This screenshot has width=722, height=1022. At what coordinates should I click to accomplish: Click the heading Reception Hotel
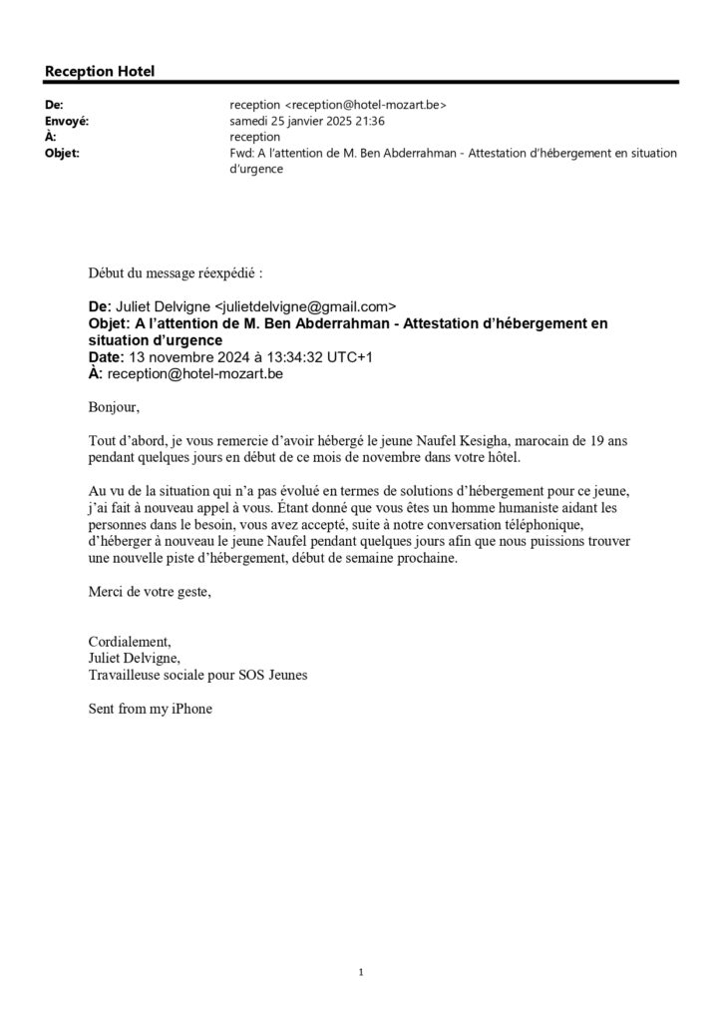100,71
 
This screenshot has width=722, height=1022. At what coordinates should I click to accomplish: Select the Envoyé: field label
68,120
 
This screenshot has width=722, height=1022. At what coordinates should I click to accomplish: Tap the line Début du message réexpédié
177,270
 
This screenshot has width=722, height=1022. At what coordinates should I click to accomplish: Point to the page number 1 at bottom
360,972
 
